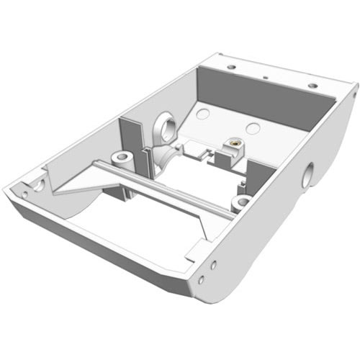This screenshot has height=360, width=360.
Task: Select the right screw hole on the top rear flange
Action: (312, 85)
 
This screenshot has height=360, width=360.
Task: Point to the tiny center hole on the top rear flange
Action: (266, 75)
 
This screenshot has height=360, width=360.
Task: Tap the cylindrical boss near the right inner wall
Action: (243, 201)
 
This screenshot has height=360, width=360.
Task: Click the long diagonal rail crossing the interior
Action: (166, 189)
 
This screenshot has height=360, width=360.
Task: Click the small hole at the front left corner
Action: (24, 193)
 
